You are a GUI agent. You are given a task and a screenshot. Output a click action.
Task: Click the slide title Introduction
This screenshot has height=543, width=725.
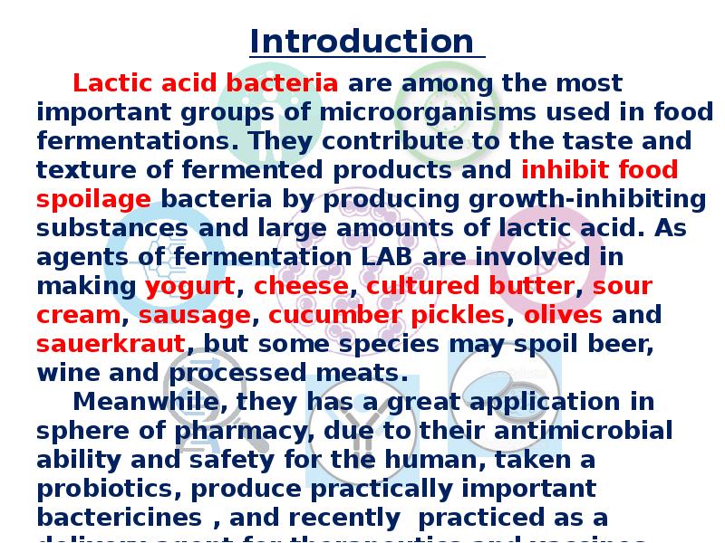tap(362, 42)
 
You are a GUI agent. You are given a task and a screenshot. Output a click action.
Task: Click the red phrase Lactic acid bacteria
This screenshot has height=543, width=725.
tap(206, 84)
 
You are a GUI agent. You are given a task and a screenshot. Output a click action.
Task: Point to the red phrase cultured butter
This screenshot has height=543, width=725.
tap(469, 287)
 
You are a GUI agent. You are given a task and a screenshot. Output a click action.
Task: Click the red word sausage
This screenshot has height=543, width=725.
tap(194, 316)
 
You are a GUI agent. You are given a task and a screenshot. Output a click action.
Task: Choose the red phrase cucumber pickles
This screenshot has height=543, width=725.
tap(387, 316)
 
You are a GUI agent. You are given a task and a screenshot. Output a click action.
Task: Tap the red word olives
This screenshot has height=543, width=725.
tap(563, 316)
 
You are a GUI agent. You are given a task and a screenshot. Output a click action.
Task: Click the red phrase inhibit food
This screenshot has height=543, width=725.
tap(600, 171)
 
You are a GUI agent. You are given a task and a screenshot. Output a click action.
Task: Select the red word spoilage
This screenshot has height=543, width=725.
tap(93, 200)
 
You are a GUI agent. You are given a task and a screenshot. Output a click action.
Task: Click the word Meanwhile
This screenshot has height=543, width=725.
tap(146, 403)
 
